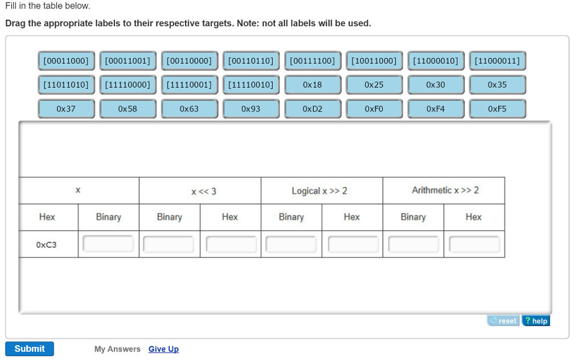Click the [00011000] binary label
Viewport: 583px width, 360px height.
point(66,60)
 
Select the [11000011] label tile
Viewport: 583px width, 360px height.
point(497,60)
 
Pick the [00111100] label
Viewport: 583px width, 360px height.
point(313,60)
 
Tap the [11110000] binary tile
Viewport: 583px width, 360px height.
point(128,85)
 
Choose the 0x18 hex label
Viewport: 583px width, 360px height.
point(313,85)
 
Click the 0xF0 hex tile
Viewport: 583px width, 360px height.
point(374,109)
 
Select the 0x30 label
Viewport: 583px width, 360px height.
point(436,85)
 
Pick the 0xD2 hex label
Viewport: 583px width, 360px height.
point(313,109)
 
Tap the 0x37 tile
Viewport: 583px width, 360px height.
point(66,109)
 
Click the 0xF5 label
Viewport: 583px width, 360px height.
point(497,109)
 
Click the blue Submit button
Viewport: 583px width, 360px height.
point(30,349)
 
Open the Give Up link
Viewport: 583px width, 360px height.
point(163,349)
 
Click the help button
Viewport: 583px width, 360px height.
point(536,321)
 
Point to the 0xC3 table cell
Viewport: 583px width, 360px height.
point(47,245)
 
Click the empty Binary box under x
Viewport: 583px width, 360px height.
point(108,244)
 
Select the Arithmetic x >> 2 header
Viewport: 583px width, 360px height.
point(445,190)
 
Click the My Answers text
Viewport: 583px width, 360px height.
point(117,349)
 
